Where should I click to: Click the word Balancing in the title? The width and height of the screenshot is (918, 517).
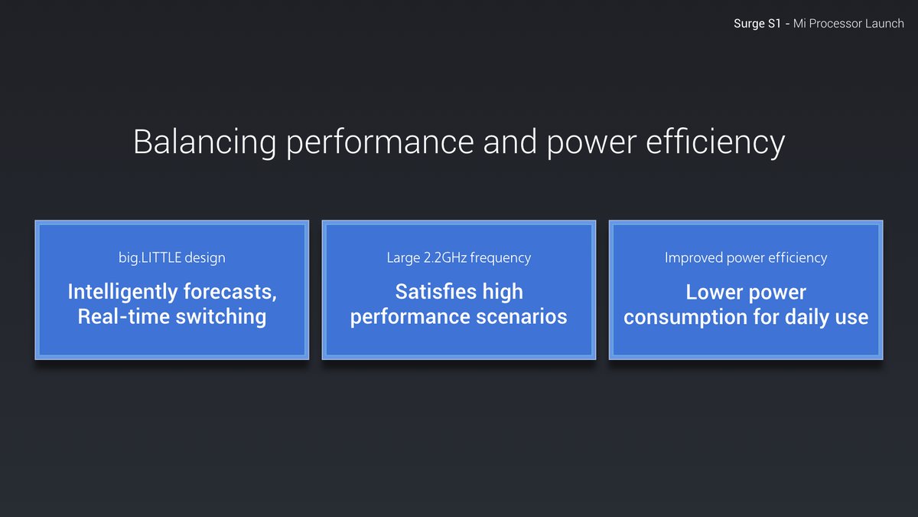tap(205, 142)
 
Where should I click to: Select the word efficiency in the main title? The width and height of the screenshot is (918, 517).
tap(715, 142)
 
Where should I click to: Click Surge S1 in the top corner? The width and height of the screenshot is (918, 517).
tap(757, 24)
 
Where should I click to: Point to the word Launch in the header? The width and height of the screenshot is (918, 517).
tap(884, 24)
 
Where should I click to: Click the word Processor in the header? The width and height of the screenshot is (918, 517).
tap(835, 24)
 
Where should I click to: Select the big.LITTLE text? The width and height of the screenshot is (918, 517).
tap(150, 257)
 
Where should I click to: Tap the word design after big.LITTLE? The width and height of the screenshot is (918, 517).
tap(205, 257)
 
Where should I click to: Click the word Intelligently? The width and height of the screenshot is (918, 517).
tap(123, 292)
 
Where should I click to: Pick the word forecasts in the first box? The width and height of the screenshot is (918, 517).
tap(230, 292)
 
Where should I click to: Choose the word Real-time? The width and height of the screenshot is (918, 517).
tap(124, 317)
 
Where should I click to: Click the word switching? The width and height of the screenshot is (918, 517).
tap(221, 318)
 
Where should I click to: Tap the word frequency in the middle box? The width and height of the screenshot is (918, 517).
tap(500, 258)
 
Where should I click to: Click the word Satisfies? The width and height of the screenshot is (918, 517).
tap(436, 292)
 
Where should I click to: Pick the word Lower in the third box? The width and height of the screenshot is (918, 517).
tap(715, 293)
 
